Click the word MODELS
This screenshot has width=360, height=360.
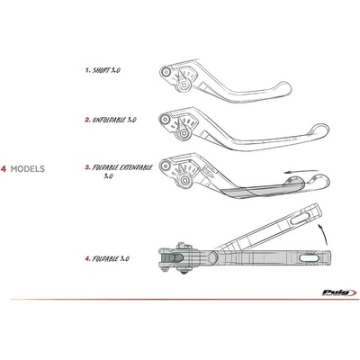click(28, 169)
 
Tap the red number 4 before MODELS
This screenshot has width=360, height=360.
click(4, 169)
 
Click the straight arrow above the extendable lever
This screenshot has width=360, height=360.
click(301, 172)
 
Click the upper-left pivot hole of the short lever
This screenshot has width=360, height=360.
click(165, 72)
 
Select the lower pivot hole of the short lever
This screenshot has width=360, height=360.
click(184, 85)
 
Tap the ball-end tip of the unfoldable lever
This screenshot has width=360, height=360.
click(321, 131)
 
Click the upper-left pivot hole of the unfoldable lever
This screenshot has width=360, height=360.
click(165, 120)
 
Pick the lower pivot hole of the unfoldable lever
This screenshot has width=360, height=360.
click(184, 133)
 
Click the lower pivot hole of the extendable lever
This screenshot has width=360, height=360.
click(184, 180)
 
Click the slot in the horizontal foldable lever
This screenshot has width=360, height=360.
click(310, 258)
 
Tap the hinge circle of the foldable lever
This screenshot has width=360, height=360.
click(212, 256)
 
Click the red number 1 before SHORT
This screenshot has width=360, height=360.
click(87, 70)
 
